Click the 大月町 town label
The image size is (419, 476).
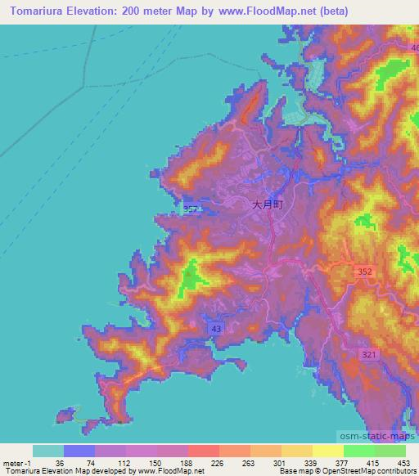[267, 208]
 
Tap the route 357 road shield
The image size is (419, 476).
[190, 210]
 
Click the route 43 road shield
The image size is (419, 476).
[216, 328]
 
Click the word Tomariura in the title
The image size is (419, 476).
[39, 11]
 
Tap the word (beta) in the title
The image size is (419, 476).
[324, 11]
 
